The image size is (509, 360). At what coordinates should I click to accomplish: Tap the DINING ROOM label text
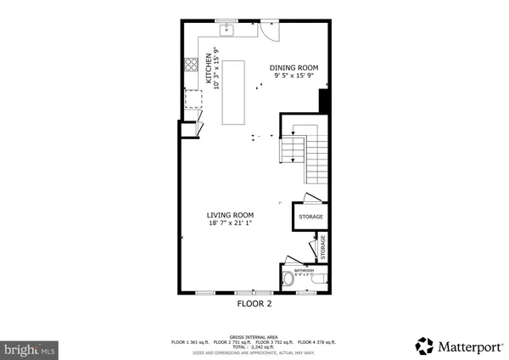click(293, 68)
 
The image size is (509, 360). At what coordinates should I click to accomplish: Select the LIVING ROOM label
click(231, 216)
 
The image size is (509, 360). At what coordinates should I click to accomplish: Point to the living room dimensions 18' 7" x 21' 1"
click(231, 224)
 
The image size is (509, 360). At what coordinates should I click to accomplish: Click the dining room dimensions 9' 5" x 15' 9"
click(293, 76)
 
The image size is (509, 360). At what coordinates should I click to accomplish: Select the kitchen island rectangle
click(233, 92)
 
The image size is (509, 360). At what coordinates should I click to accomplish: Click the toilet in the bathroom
click(289, 278)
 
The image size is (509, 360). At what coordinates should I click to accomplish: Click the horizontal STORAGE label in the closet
click(310, 217)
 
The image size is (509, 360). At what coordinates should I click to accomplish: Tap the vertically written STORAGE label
click(323, 247)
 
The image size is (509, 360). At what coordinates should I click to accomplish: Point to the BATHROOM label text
click(304, 269)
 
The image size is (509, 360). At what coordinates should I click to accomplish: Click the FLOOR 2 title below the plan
click(254, 303)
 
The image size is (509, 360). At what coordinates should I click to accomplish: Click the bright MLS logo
click(30, 348)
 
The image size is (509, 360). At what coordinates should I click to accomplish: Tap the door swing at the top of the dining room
click(267, 31)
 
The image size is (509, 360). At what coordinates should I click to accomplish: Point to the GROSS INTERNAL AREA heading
click(254, 335)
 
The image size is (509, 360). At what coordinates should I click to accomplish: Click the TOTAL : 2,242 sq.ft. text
click(254, 346)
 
